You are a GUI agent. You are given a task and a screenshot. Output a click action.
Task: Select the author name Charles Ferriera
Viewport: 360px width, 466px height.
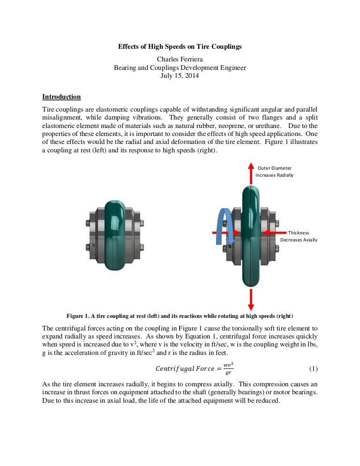click(180, 59)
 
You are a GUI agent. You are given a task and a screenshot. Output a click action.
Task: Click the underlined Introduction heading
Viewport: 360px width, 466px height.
click(61, 97)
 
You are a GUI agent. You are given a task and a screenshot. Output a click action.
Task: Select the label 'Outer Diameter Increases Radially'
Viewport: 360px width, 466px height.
click(274, 171)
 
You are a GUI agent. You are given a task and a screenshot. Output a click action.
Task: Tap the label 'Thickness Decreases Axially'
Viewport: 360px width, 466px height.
click(299, 236)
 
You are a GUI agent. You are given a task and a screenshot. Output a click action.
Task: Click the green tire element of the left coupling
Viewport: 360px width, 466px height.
click(115, 234)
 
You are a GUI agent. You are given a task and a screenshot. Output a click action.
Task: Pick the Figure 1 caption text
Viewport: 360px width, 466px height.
click(180, 315)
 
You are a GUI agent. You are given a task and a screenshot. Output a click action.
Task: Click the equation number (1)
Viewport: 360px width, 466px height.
click(314, 368)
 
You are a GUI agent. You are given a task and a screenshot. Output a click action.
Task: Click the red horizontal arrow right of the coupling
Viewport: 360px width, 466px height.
click(274, 233)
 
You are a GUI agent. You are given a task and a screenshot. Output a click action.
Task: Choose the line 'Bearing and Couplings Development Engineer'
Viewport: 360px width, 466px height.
click(180, 68)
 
